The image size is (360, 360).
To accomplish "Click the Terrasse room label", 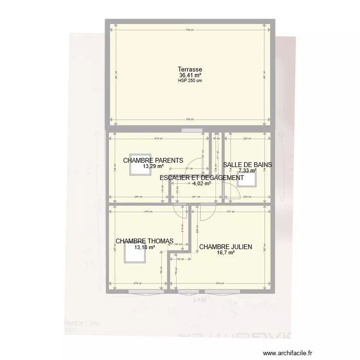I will tap(190, 70).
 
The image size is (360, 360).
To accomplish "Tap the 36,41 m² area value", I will tap(190, 75).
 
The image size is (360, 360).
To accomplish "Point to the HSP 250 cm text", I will tap(190, 81).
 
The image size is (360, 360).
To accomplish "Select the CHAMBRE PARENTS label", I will tap(153, 161).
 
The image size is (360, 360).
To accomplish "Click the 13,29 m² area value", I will tap(153, 167).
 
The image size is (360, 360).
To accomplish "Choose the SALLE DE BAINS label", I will tap(248, 165).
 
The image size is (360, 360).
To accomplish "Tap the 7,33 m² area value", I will tap(248, 170).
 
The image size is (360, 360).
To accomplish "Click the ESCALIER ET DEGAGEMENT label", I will tap(202, 178).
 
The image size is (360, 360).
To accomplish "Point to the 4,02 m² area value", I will tap(202, 183).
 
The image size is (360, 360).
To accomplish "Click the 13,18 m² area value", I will tap(144, 248).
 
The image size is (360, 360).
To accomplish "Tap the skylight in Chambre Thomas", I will tap(134, 253).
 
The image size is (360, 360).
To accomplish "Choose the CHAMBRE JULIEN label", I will tap(226, 247).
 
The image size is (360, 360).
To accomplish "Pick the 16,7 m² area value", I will tap(226, 253).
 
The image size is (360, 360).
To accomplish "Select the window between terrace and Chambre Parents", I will tap(192, 130).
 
